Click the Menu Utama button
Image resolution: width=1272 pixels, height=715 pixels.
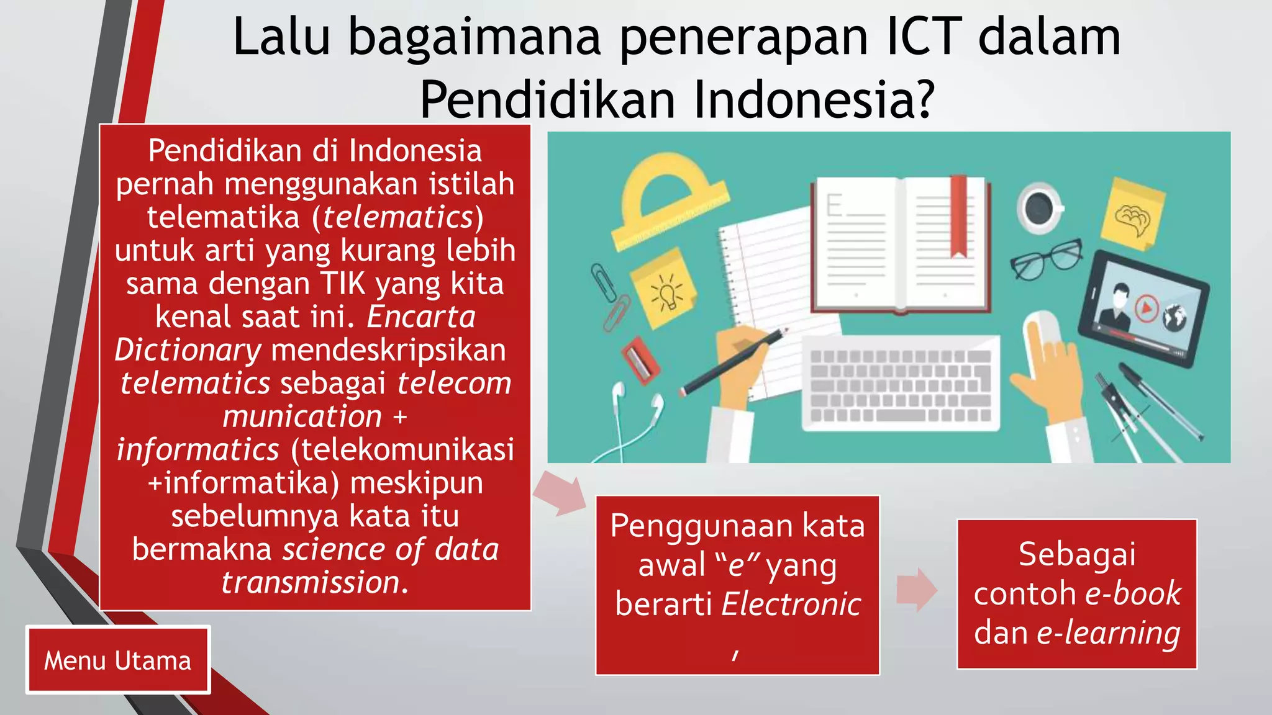pos(118,660)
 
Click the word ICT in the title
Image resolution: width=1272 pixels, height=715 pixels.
pos(924,37)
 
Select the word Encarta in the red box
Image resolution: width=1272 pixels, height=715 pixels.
pos(421,317)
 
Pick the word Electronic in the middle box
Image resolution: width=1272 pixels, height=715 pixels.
pos(791,604)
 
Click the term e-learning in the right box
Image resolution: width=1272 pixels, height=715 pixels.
pos(1108,633)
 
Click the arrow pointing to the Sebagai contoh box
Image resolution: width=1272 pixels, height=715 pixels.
pos(917,590)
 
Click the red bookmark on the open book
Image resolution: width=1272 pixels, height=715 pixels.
pos(959,215)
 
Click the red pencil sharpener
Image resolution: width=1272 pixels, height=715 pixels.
pos(640,359)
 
